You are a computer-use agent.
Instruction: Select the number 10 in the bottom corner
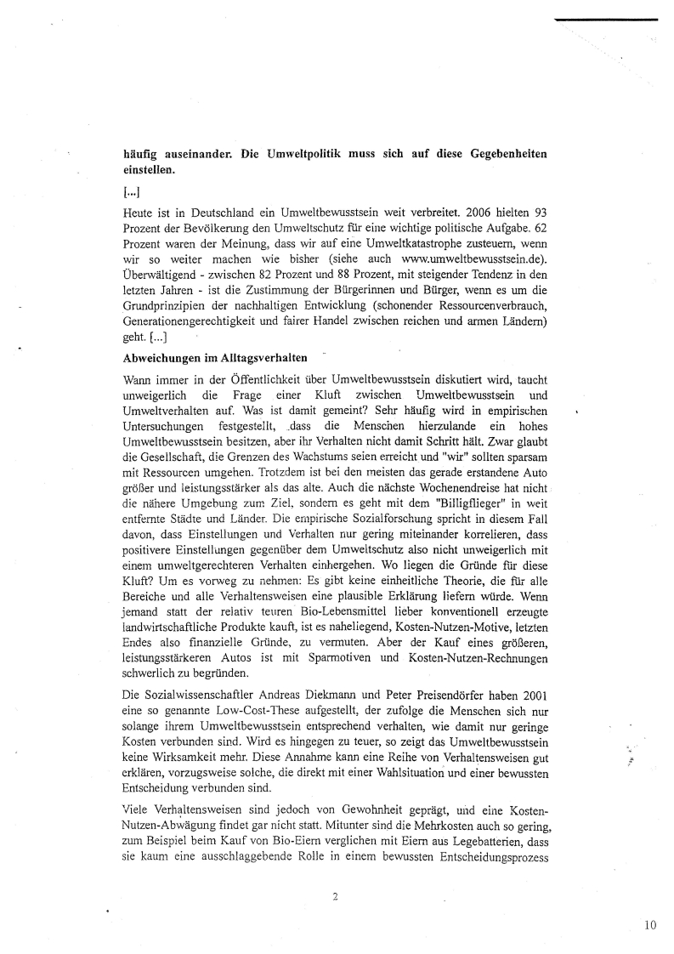pyautogui.click(x=650, y=925)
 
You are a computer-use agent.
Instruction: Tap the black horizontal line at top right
pyautogui.click(x=604, y=19)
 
